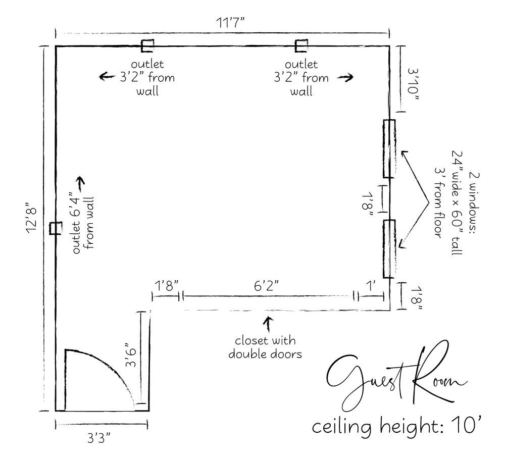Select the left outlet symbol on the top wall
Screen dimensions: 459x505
pos(147,46)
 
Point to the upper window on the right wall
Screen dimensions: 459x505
pos(389,148)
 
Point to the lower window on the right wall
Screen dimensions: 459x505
pos(389,248)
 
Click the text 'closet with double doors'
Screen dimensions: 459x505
pos(265,347)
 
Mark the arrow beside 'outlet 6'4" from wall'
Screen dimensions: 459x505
pos(80,182)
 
